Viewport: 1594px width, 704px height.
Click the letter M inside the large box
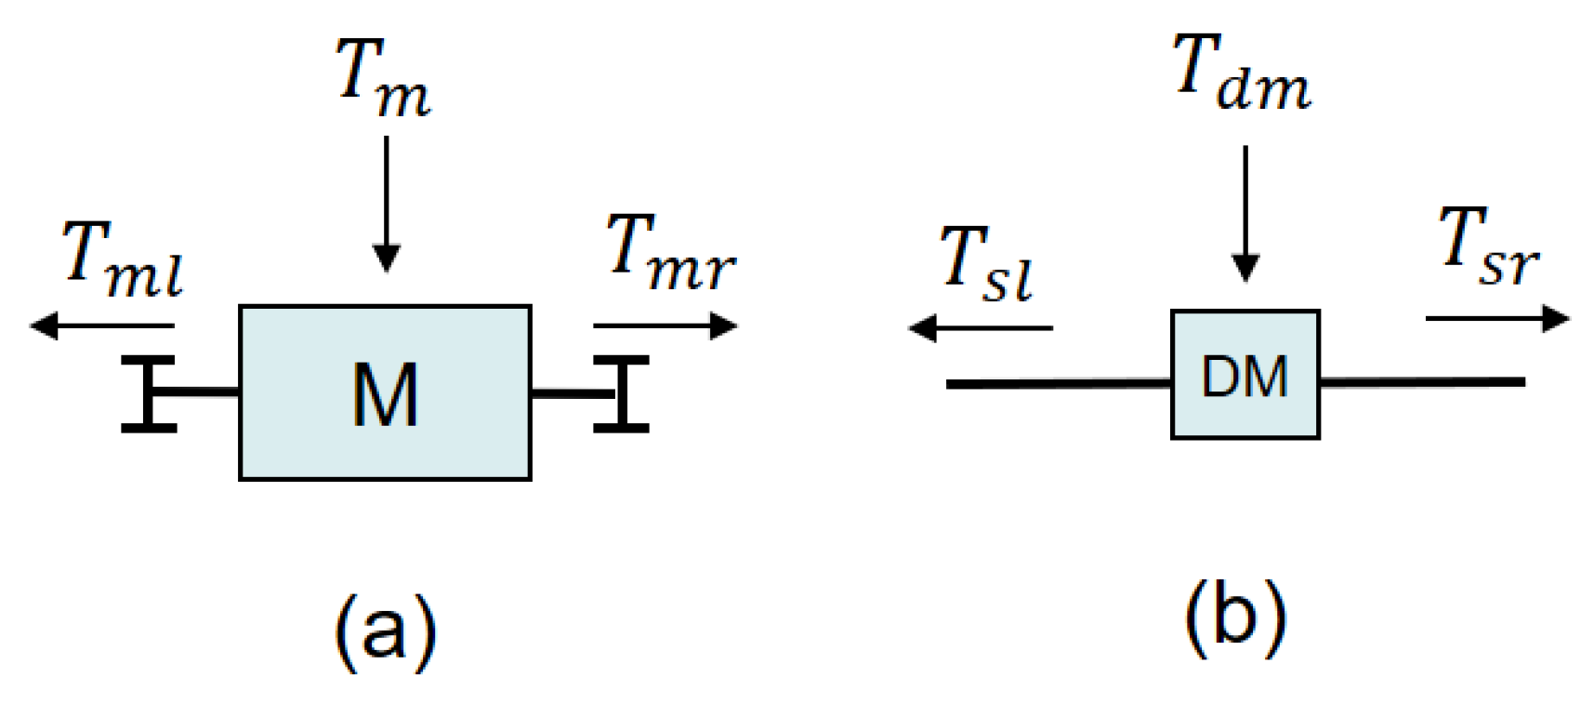[385, 395]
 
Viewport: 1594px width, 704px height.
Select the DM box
[1245, 375]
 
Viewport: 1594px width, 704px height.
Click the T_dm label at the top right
[1242, 73]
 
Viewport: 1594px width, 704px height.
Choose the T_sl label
[986, 265]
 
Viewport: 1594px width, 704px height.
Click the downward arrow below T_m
[386, 205]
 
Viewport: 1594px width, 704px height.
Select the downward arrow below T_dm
[1245, 214]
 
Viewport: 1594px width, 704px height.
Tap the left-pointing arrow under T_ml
[102, 326]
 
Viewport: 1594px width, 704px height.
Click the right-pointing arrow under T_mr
[665, 326]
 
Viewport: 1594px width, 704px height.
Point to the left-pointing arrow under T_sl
[981, 328]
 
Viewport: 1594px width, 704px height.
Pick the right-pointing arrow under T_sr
[1496, 319]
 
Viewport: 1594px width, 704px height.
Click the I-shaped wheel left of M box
[149, 393]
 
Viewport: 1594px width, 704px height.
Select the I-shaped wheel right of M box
[621, 393]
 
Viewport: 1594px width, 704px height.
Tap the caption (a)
[385, 631]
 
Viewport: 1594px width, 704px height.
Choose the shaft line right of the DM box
[1422, 382]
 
